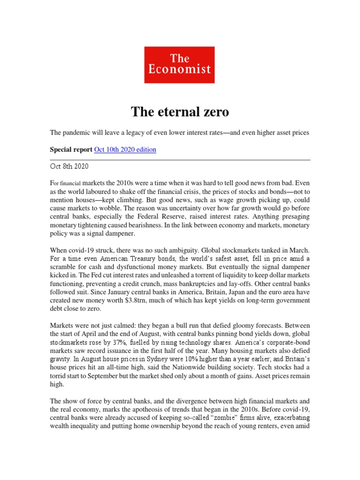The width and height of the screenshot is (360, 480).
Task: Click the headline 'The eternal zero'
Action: tap(180, 112)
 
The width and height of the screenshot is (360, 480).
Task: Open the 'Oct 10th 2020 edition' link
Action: tap(125, 150)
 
